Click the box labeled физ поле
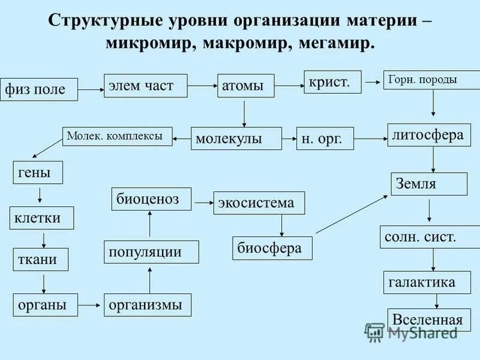point(40,89)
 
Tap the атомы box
point(245,86)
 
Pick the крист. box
point(332,82)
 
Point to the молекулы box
point(236,139)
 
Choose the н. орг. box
point(325,139)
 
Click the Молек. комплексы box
point(117,137)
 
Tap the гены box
point(38,174)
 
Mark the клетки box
point(41,218)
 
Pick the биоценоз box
point(151,199)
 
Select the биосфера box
point(272,248)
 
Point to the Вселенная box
point(427,320)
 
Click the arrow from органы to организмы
point(89,305)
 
